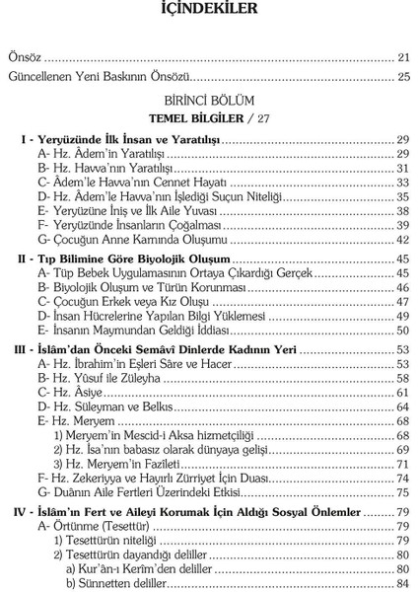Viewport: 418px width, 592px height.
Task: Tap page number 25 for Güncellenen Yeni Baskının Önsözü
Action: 402,76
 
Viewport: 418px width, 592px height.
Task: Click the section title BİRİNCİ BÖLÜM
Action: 209,100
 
